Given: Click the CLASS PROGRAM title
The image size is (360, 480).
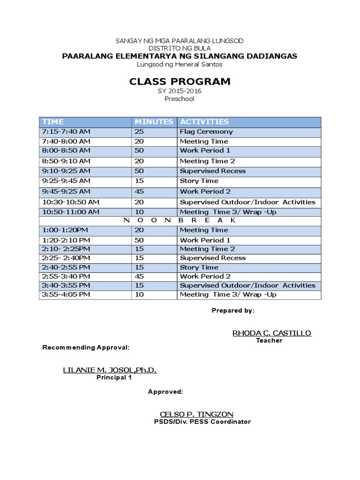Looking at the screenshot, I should pyautogui.click(x=180, y=82).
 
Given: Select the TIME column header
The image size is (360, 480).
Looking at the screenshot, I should pyautogui.click(x=53, y=122).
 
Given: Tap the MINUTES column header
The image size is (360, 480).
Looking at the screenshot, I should pyautogui.click(x=154, y=122).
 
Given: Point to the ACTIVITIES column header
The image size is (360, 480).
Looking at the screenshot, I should pyautogui.click(x=204, y=122).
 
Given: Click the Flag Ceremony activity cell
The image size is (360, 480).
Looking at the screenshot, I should pyautogui.click(x=206, y=132).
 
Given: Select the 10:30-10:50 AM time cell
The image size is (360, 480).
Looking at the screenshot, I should pyautogui.click(x=71, y=202).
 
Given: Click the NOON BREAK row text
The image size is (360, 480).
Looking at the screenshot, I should pyautogui.click(x=180, y=220).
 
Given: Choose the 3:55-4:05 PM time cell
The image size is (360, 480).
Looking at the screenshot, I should pyautogui.click(x=66, y=294).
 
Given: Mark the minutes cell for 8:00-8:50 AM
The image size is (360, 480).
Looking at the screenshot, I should pyautogui.click(x=139, y=150).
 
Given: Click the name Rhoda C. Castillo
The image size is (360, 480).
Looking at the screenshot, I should pyautogui.click(x=271, y=333).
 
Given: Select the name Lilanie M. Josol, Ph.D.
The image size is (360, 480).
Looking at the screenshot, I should pyautogui.click(x=110, y=370).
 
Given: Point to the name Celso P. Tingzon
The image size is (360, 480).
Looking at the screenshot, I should pyautogui.click(x=196, y=414).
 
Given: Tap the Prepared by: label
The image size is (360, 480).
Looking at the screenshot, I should pyautogui.click(x=233, y=310).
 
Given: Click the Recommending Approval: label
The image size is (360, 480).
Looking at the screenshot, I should pyautogui.click(x=86, y=347).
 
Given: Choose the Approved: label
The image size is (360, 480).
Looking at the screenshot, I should pyautogui.click(x=165, y=391).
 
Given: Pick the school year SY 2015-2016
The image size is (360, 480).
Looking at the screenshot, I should pyautogui.click(x=180, y=91).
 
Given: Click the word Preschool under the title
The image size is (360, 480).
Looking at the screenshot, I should pyautogui.click(x=179, y=99).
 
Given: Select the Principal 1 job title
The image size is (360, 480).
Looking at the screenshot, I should pyautogui.click(x=114, y=377).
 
